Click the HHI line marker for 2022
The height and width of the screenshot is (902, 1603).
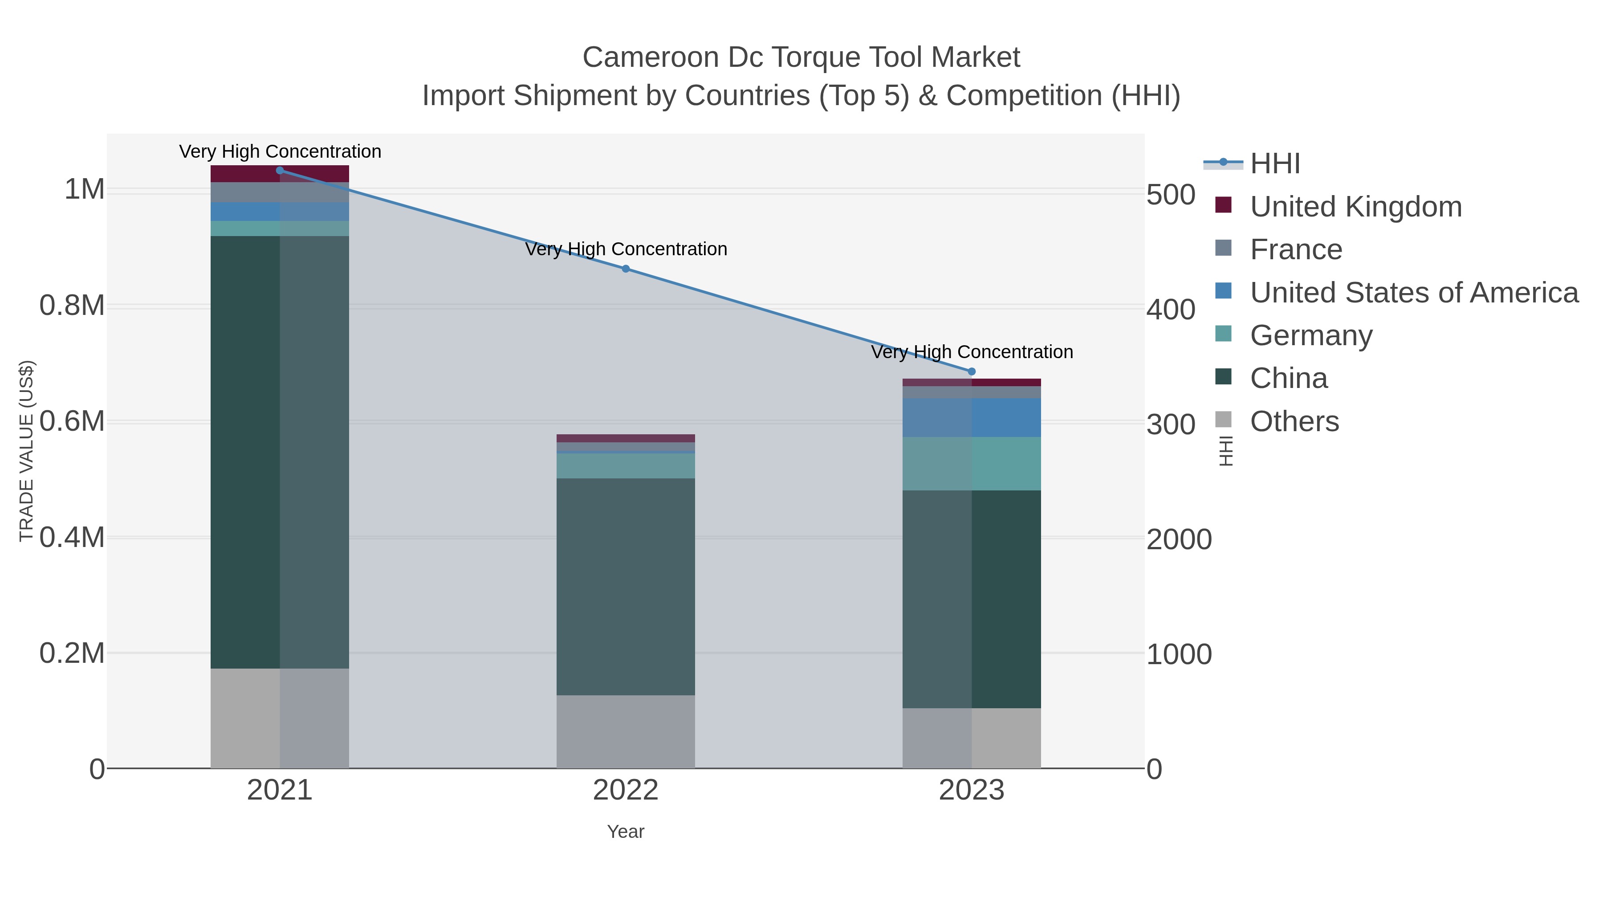626,269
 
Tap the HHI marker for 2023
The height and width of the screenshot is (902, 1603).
972,371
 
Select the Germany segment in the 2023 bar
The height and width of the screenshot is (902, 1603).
972,464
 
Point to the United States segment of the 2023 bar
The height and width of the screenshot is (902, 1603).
972,418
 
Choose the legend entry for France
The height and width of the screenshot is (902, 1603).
1296,249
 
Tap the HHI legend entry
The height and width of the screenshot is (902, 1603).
1274,164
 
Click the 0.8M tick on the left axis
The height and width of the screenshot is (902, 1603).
72,306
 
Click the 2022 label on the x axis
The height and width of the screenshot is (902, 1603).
626,791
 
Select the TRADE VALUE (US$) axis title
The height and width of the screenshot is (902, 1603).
26,451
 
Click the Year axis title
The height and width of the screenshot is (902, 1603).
626,832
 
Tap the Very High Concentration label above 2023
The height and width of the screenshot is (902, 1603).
972,352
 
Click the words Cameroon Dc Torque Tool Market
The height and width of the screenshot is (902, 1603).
801,58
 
